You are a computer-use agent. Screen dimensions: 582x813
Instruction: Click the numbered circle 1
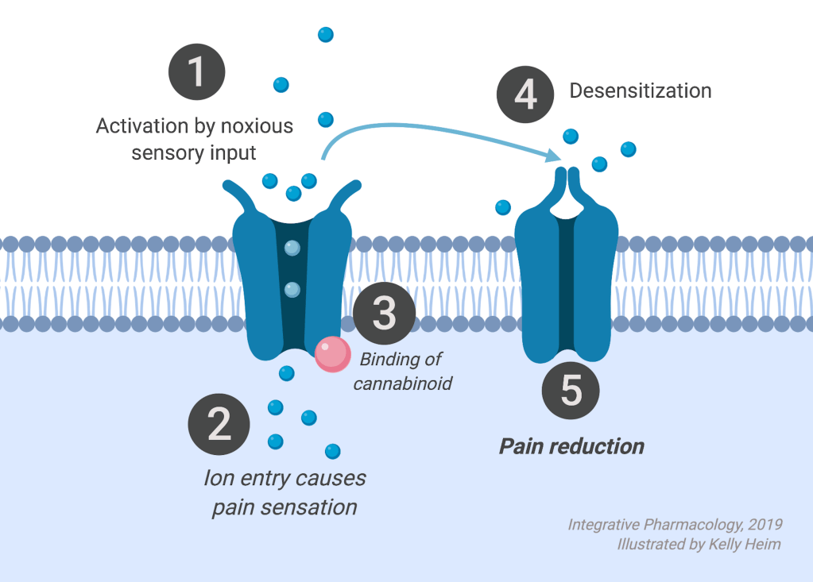196,72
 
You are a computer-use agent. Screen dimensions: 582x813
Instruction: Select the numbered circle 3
384,313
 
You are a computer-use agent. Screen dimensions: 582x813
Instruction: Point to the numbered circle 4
525,94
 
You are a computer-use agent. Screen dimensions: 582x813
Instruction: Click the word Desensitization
640,91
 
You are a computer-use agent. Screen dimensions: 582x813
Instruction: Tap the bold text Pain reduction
571,446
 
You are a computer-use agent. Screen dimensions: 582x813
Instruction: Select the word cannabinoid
403,384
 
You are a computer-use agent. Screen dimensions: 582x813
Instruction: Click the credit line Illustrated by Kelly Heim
699,544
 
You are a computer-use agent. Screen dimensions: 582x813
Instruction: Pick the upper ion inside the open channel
292,249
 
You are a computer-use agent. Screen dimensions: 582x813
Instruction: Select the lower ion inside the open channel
292,288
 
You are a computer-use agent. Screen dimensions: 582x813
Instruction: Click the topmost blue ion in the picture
325,34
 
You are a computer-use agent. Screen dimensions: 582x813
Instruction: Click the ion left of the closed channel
503,207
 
